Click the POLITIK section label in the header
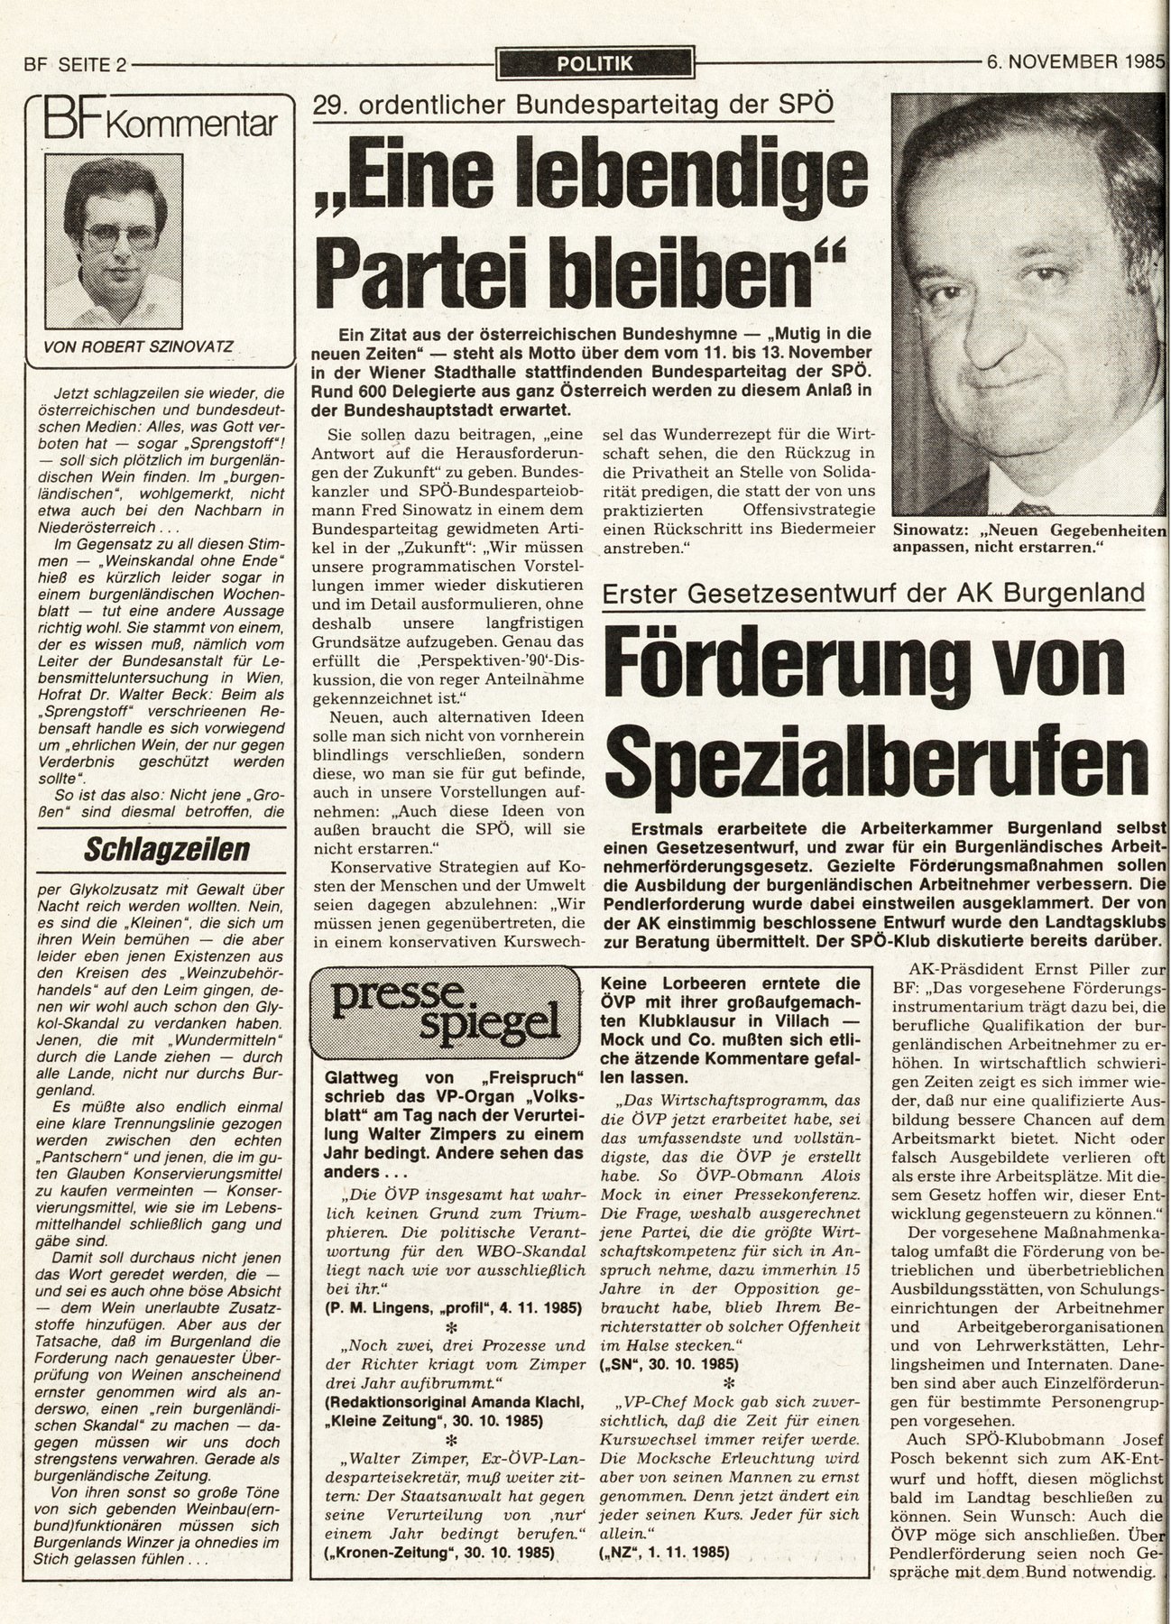click(595, 63)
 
